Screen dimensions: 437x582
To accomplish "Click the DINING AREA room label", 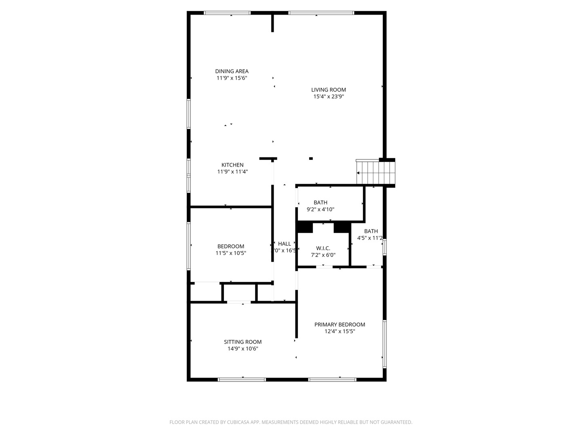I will pyautogui.click(x=232, y=71).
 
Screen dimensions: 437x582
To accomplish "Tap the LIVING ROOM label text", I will pyautogui.click(x=328, y=90).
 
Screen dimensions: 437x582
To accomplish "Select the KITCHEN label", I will pyautogui.click(x=232, y=165).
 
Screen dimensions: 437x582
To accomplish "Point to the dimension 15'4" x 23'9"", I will pyautogui.click(x=328, y=97).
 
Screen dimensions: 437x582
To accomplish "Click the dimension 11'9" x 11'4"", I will pyautogui.click(x=232, y=172).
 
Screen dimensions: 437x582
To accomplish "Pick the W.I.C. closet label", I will pyautogui.click(x=323, y=248).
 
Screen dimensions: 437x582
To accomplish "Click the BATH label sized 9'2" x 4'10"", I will pyautogui.click(x=321, y=202).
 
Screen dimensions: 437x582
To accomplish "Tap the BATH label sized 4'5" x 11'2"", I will pyautogui.click(x=371, y=231).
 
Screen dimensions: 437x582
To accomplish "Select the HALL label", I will pyautogui.click(x=285, y=244).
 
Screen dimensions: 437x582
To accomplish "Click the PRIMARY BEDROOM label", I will pyautogui.click(x=339, y=325).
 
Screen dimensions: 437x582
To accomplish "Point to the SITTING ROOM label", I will pyautogui.click(x=242, y=342).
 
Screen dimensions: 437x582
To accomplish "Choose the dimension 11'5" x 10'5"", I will pyautogui.click(x=231, y=253).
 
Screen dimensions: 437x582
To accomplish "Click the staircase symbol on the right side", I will pyautogui.click(x=375, y=172).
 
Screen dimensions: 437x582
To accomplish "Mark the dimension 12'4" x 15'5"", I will pyautogui.click(x=339, y=331).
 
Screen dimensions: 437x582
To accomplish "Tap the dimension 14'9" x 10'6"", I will pyautogui.click(x=242, y=348).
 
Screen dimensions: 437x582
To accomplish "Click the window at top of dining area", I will pyautogui.click(x=227, y=13).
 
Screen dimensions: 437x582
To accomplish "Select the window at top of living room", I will pyautogui.click(x=321, y=13).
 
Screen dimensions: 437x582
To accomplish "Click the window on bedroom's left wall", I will pyautogui.click(x=188, y=246).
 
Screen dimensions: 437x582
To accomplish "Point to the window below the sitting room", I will pyautogui.click(x=242, y=380).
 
